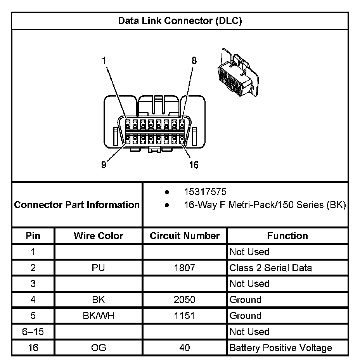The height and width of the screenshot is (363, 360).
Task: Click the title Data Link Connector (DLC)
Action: click(180, 21)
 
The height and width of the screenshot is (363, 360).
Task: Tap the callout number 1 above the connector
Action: click(104, 60)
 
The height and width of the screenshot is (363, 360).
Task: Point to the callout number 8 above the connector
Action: click(194, 60)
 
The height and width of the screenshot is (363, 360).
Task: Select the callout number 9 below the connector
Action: click(104, 165)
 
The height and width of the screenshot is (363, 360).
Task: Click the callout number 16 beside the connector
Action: click(194, 165)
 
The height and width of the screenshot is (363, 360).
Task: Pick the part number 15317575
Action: click(205, 192)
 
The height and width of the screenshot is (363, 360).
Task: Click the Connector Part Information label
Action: click(77, 204)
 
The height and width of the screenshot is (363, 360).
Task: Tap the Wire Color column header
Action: click(98, 236)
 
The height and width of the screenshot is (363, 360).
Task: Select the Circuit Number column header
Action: click(185, 236)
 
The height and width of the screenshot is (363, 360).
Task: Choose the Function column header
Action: click(287, 236)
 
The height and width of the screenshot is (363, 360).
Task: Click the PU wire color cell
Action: click(98, 268)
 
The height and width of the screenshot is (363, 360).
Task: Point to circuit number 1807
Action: click(185, 268)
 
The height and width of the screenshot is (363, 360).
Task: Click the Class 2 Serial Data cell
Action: click(270, 268)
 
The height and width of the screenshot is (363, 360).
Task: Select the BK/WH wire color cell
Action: click(98, 316)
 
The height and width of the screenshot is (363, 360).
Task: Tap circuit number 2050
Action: click(185, 299)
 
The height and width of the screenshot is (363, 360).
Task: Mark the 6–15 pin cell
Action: click(33, 332)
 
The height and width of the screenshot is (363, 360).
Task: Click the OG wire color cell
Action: click(98, 347)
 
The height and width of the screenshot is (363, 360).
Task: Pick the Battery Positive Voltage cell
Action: click(280, 347)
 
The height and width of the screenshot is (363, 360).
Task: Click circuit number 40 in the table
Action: click(185, 347)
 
